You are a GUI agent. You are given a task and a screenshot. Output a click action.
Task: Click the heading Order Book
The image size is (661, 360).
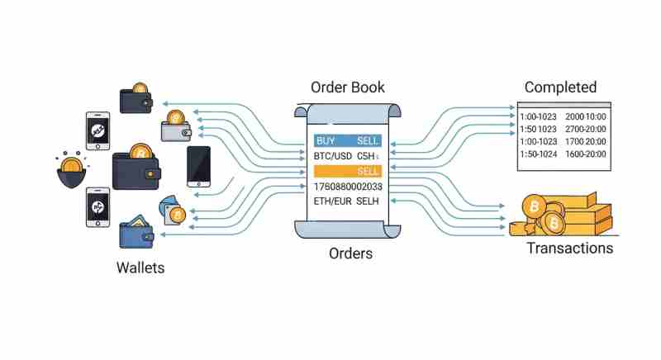(347, 87)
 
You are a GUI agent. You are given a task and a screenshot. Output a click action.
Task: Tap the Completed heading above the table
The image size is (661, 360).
(560, 87)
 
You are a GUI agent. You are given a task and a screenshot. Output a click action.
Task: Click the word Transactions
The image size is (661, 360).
(570, 248)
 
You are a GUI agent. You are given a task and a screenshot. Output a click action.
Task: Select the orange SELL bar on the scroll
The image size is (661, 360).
(347, 171)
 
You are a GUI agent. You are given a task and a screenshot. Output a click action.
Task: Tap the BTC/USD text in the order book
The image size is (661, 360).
(332, 156)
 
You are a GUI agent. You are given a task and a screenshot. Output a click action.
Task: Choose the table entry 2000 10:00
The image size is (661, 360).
(586, 116)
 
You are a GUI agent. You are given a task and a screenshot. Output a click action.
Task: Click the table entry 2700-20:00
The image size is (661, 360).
(586, 129)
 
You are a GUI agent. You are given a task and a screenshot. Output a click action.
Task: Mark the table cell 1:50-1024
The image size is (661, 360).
(540, 154)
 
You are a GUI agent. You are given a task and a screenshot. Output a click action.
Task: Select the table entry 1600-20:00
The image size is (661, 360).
(586, 154)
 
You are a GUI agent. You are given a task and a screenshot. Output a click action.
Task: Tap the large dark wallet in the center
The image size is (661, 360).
(140, 166)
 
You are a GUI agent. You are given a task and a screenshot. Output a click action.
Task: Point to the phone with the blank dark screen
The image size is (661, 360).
(198, 165)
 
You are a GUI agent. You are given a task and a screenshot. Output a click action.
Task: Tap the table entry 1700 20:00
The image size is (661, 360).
(586, 141)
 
